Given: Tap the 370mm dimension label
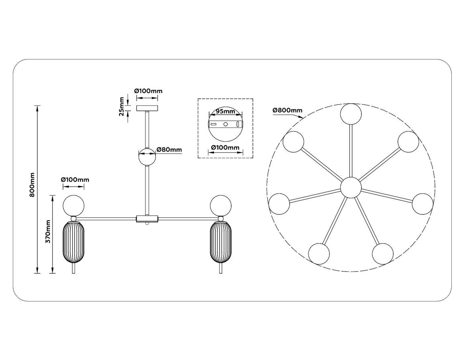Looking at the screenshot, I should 48,231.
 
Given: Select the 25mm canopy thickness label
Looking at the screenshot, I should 122,107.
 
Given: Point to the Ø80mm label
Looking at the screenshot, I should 169,150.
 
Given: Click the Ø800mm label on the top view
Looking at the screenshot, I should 287,111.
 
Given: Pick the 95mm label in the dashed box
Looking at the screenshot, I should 225,111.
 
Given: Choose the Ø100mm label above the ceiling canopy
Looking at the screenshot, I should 148,91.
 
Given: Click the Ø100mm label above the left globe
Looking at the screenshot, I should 75,180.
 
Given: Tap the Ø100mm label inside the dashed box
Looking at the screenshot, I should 225,147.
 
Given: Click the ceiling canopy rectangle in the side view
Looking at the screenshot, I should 147,108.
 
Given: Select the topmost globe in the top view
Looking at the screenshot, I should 351,114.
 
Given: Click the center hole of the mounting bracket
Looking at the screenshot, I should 225,124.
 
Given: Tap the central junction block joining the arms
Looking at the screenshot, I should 147,218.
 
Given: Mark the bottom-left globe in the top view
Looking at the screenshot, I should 319,254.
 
